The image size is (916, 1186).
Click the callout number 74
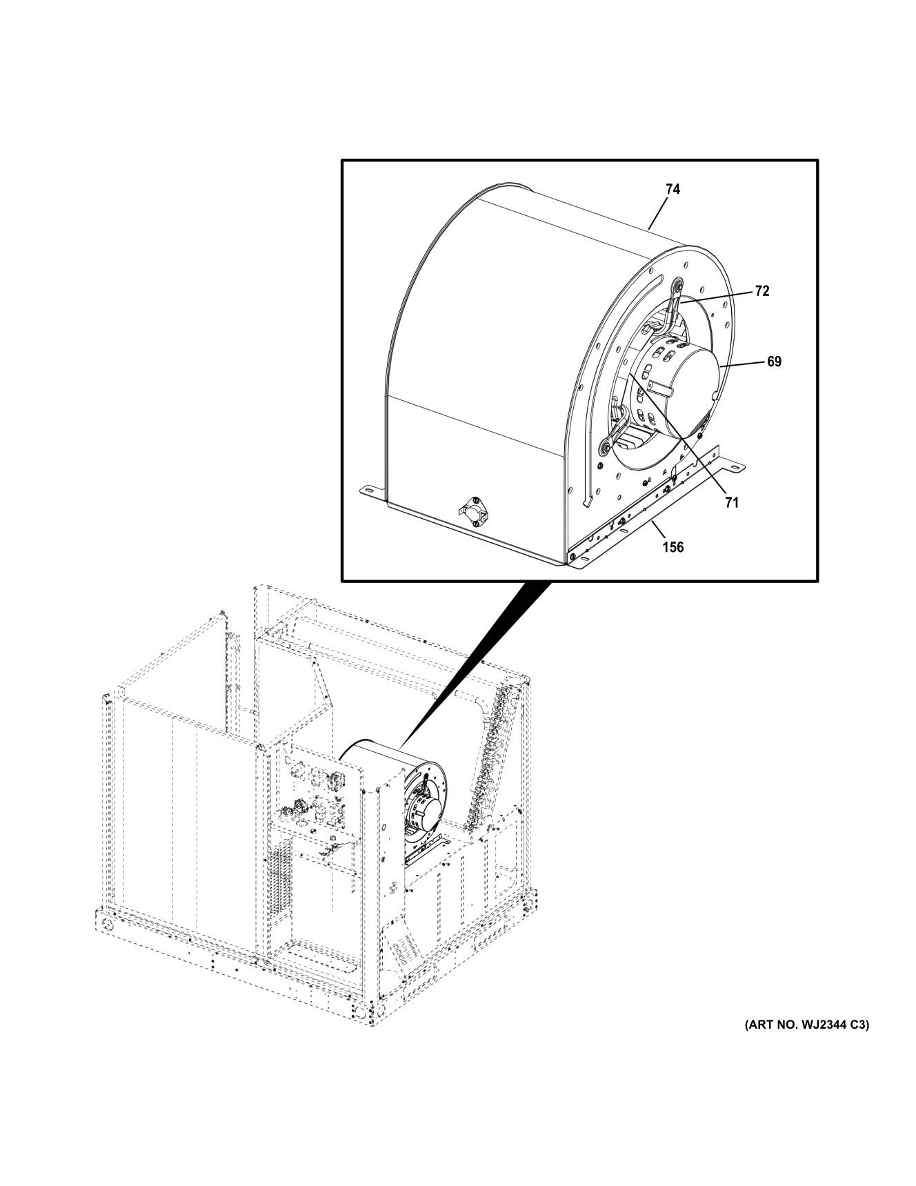pyautogui.click(x=673, y=189)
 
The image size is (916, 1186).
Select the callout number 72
pyautogui.click(x=761, y=291)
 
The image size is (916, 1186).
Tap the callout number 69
pyautogui.click(x=774, y=361)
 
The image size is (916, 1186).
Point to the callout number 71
pyautogui.click(x=731, y=503)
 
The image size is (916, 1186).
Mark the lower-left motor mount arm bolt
pyautogui.click(x=606, y=447)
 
